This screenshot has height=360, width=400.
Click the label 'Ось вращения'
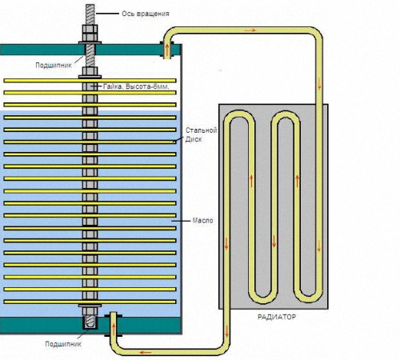tap(146, 14)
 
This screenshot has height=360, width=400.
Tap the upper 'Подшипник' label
tap(54, 66)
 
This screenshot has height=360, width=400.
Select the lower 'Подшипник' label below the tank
tap(63, 344)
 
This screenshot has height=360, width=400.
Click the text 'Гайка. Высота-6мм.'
tap(136, 86)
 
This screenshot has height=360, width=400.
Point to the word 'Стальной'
tap(202, 130)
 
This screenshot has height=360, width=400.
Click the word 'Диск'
tap(194, 139)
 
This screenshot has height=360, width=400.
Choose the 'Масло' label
tap(202, 221)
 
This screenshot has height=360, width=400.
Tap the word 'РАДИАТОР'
tap(277, 317)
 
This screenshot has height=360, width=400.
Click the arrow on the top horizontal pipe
tap(250, 30)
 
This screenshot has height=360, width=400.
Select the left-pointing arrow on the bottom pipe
tap(146, 353)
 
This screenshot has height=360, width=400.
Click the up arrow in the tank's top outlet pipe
tap(167, 50)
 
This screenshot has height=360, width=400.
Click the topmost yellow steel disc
tap(90, 81)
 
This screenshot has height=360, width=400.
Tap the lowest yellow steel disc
tap(90, 302)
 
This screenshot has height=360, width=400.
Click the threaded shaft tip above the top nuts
tap(90, 14)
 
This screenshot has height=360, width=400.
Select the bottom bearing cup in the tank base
tap(90, 322)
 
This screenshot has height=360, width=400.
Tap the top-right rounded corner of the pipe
tap(317, 33)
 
